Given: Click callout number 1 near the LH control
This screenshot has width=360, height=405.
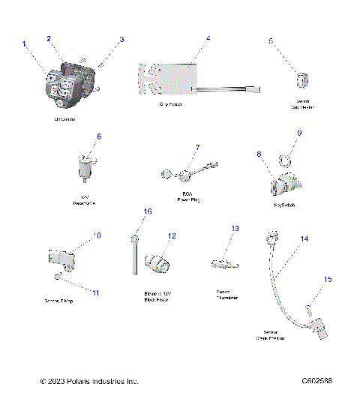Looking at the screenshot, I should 24,44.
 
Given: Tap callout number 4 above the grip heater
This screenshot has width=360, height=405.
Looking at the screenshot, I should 208,38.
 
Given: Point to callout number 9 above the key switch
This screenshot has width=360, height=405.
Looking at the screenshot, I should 298,133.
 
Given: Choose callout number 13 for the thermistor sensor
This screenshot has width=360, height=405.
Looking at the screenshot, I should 235,228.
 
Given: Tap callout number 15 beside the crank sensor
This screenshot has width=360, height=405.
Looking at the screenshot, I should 326,279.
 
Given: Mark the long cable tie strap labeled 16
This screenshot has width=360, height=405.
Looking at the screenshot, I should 133,255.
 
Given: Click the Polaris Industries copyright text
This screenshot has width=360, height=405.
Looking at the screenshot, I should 89,381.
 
